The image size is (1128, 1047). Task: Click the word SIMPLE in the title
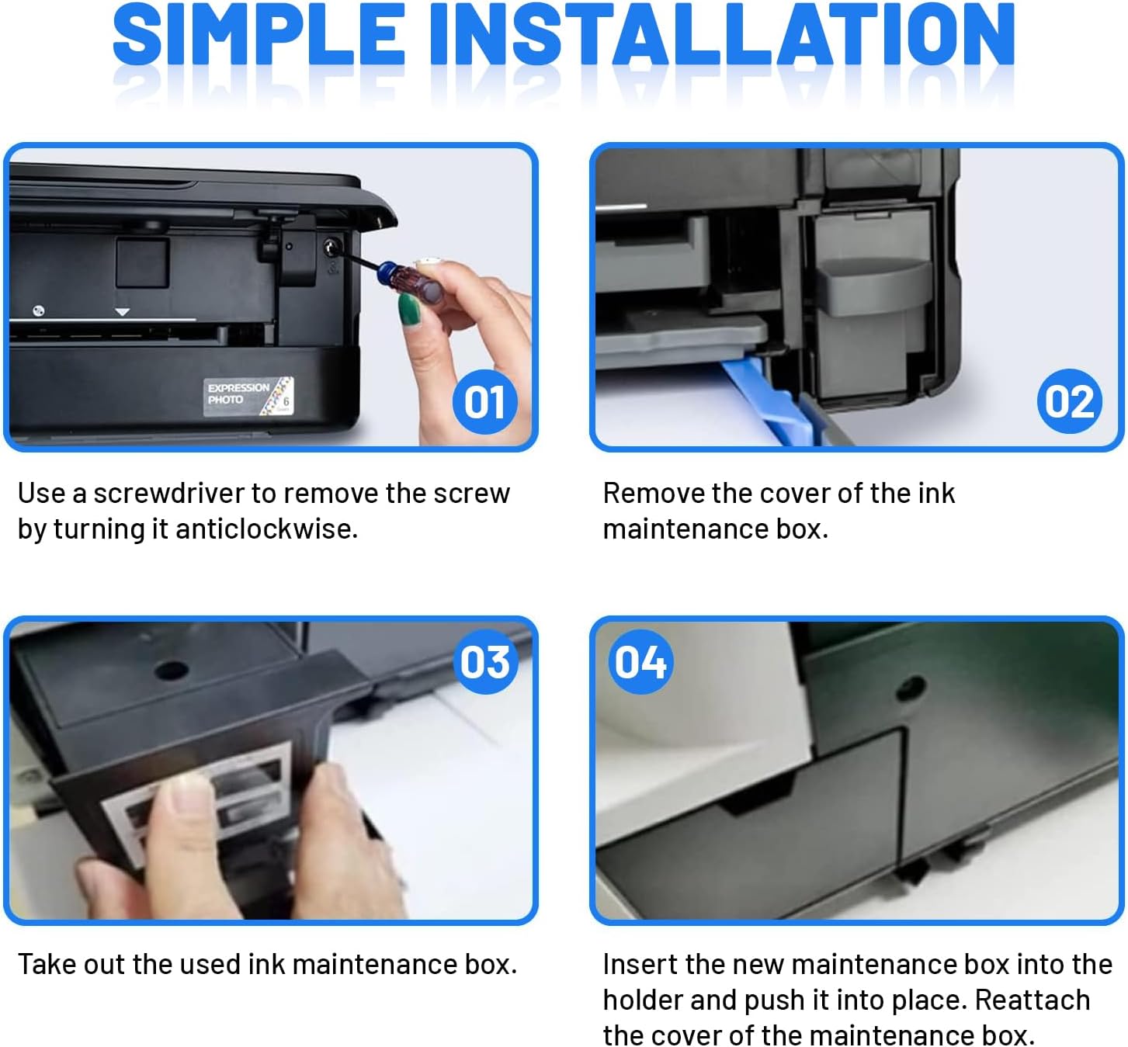pos(259,35)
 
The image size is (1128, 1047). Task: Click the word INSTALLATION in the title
pos(722,35)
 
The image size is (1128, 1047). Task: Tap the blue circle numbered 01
pos(484,401)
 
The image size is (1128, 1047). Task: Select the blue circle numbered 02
pos(1070,401)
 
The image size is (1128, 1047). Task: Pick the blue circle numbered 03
pos(486,662)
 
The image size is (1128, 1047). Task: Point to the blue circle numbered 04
pos(640,662)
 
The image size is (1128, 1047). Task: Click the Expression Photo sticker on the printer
pos(248,396)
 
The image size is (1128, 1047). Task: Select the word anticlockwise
pos(266,529)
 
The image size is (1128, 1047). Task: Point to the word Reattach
pos(1032,1000)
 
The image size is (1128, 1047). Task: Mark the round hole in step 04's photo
pos(911,688)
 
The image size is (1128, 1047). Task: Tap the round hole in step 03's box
pos(171,671)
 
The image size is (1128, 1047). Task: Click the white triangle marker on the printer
pos(122,312)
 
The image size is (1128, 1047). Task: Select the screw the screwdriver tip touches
pos(331,248)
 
